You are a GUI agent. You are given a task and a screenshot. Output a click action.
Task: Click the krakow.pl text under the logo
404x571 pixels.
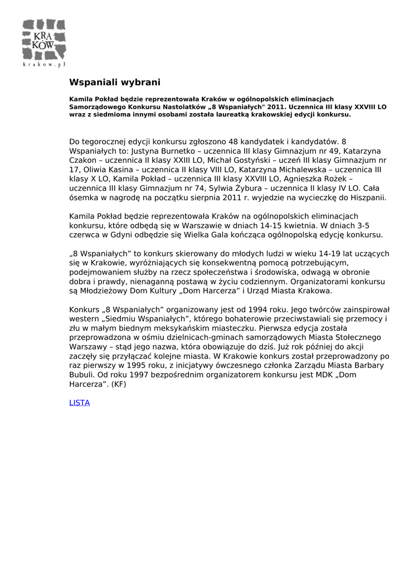[43, 65]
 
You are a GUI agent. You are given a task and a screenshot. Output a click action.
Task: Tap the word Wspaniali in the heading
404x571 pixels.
[90, 83]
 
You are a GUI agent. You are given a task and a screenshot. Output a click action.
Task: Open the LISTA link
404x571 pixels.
[79, 403]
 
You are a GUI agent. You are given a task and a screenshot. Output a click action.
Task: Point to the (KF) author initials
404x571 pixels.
[119, 384]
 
